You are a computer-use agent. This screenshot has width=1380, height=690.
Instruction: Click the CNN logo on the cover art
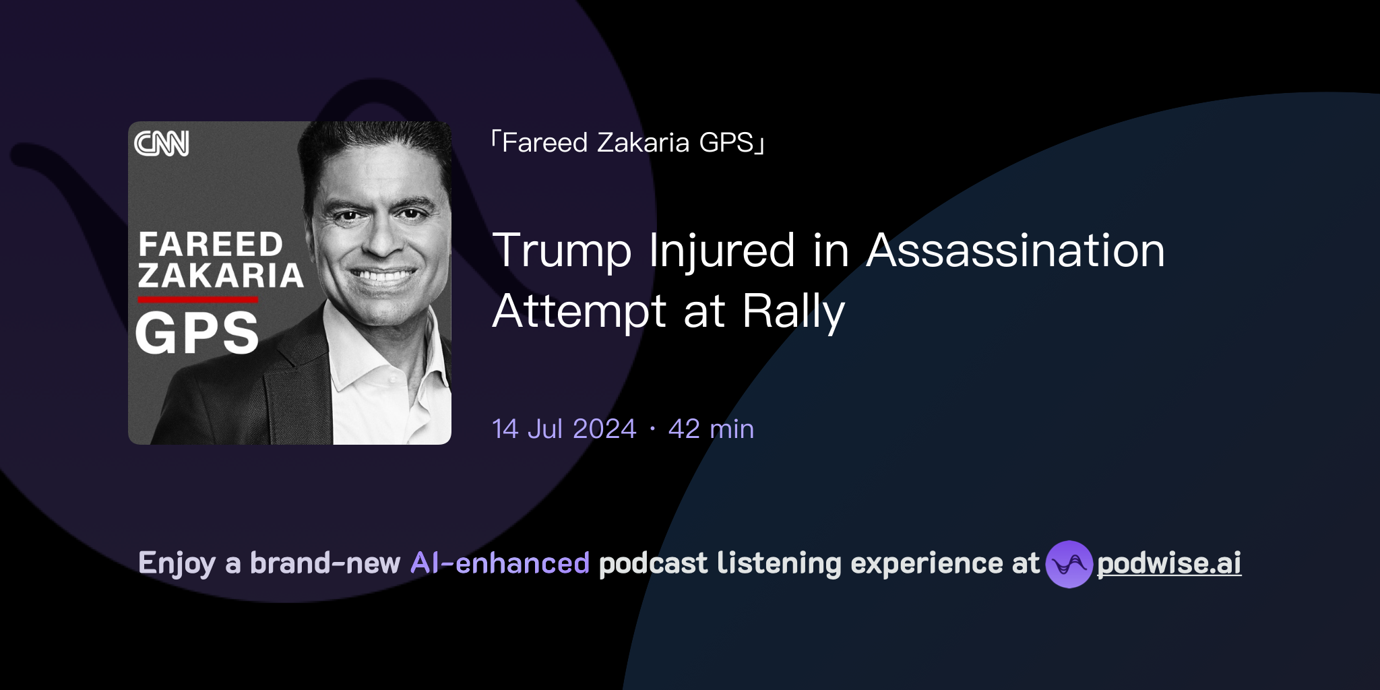tap(162, 144)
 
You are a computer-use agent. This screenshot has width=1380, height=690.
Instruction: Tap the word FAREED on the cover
tap(210, 245)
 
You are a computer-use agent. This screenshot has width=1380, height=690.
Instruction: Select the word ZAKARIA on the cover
tap(220, 276)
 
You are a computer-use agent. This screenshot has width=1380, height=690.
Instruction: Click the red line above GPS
tap(198, 300)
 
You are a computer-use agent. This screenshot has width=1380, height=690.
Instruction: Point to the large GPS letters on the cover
tap(197, 333)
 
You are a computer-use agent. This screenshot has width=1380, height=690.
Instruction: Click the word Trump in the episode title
tap(562, 251)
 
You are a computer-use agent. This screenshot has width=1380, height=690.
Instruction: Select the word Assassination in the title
tap(1015, 251)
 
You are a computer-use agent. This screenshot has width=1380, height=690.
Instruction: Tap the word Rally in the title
tap(793, 311)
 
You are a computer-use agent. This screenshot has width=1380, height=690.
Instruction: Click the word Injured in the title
tap(722, 251)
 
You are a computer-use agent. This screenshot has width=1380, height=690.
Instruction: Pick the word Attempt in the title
tap(579, 311)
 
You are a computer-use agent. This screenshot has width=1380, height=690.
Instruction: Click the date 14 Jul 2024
tap(564, 429)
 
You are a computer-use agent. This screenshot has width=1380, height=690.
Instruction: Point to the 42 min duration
tap(711, 429)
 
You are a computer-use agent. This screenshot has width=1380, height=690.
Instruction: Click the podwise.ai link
tap(1169, 563)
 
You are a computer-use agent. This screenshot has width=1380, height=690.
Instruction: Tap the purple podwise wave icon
tap(1069, 564)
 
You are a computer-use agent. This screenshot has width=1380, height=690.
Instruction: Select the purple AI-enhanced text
tap(500, 563)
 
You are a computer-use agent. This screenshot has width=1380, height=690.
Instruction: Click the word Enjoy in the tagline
tap(177, 563)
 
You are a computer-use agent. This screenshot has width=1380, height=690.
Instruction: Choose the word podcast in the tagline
tap(653, 563)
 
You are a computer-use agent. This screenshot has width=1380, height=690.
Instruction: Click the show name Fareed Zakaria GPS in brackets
tap(627, 143)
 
